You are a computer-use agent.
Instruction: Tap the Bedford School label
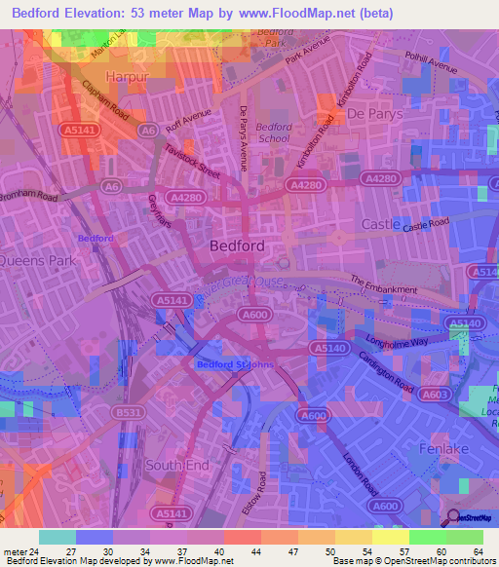[274, 132]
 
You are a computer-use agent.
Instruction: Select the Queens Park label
[36, 261]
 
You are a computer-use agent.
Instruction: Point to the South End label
[177, 466]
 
